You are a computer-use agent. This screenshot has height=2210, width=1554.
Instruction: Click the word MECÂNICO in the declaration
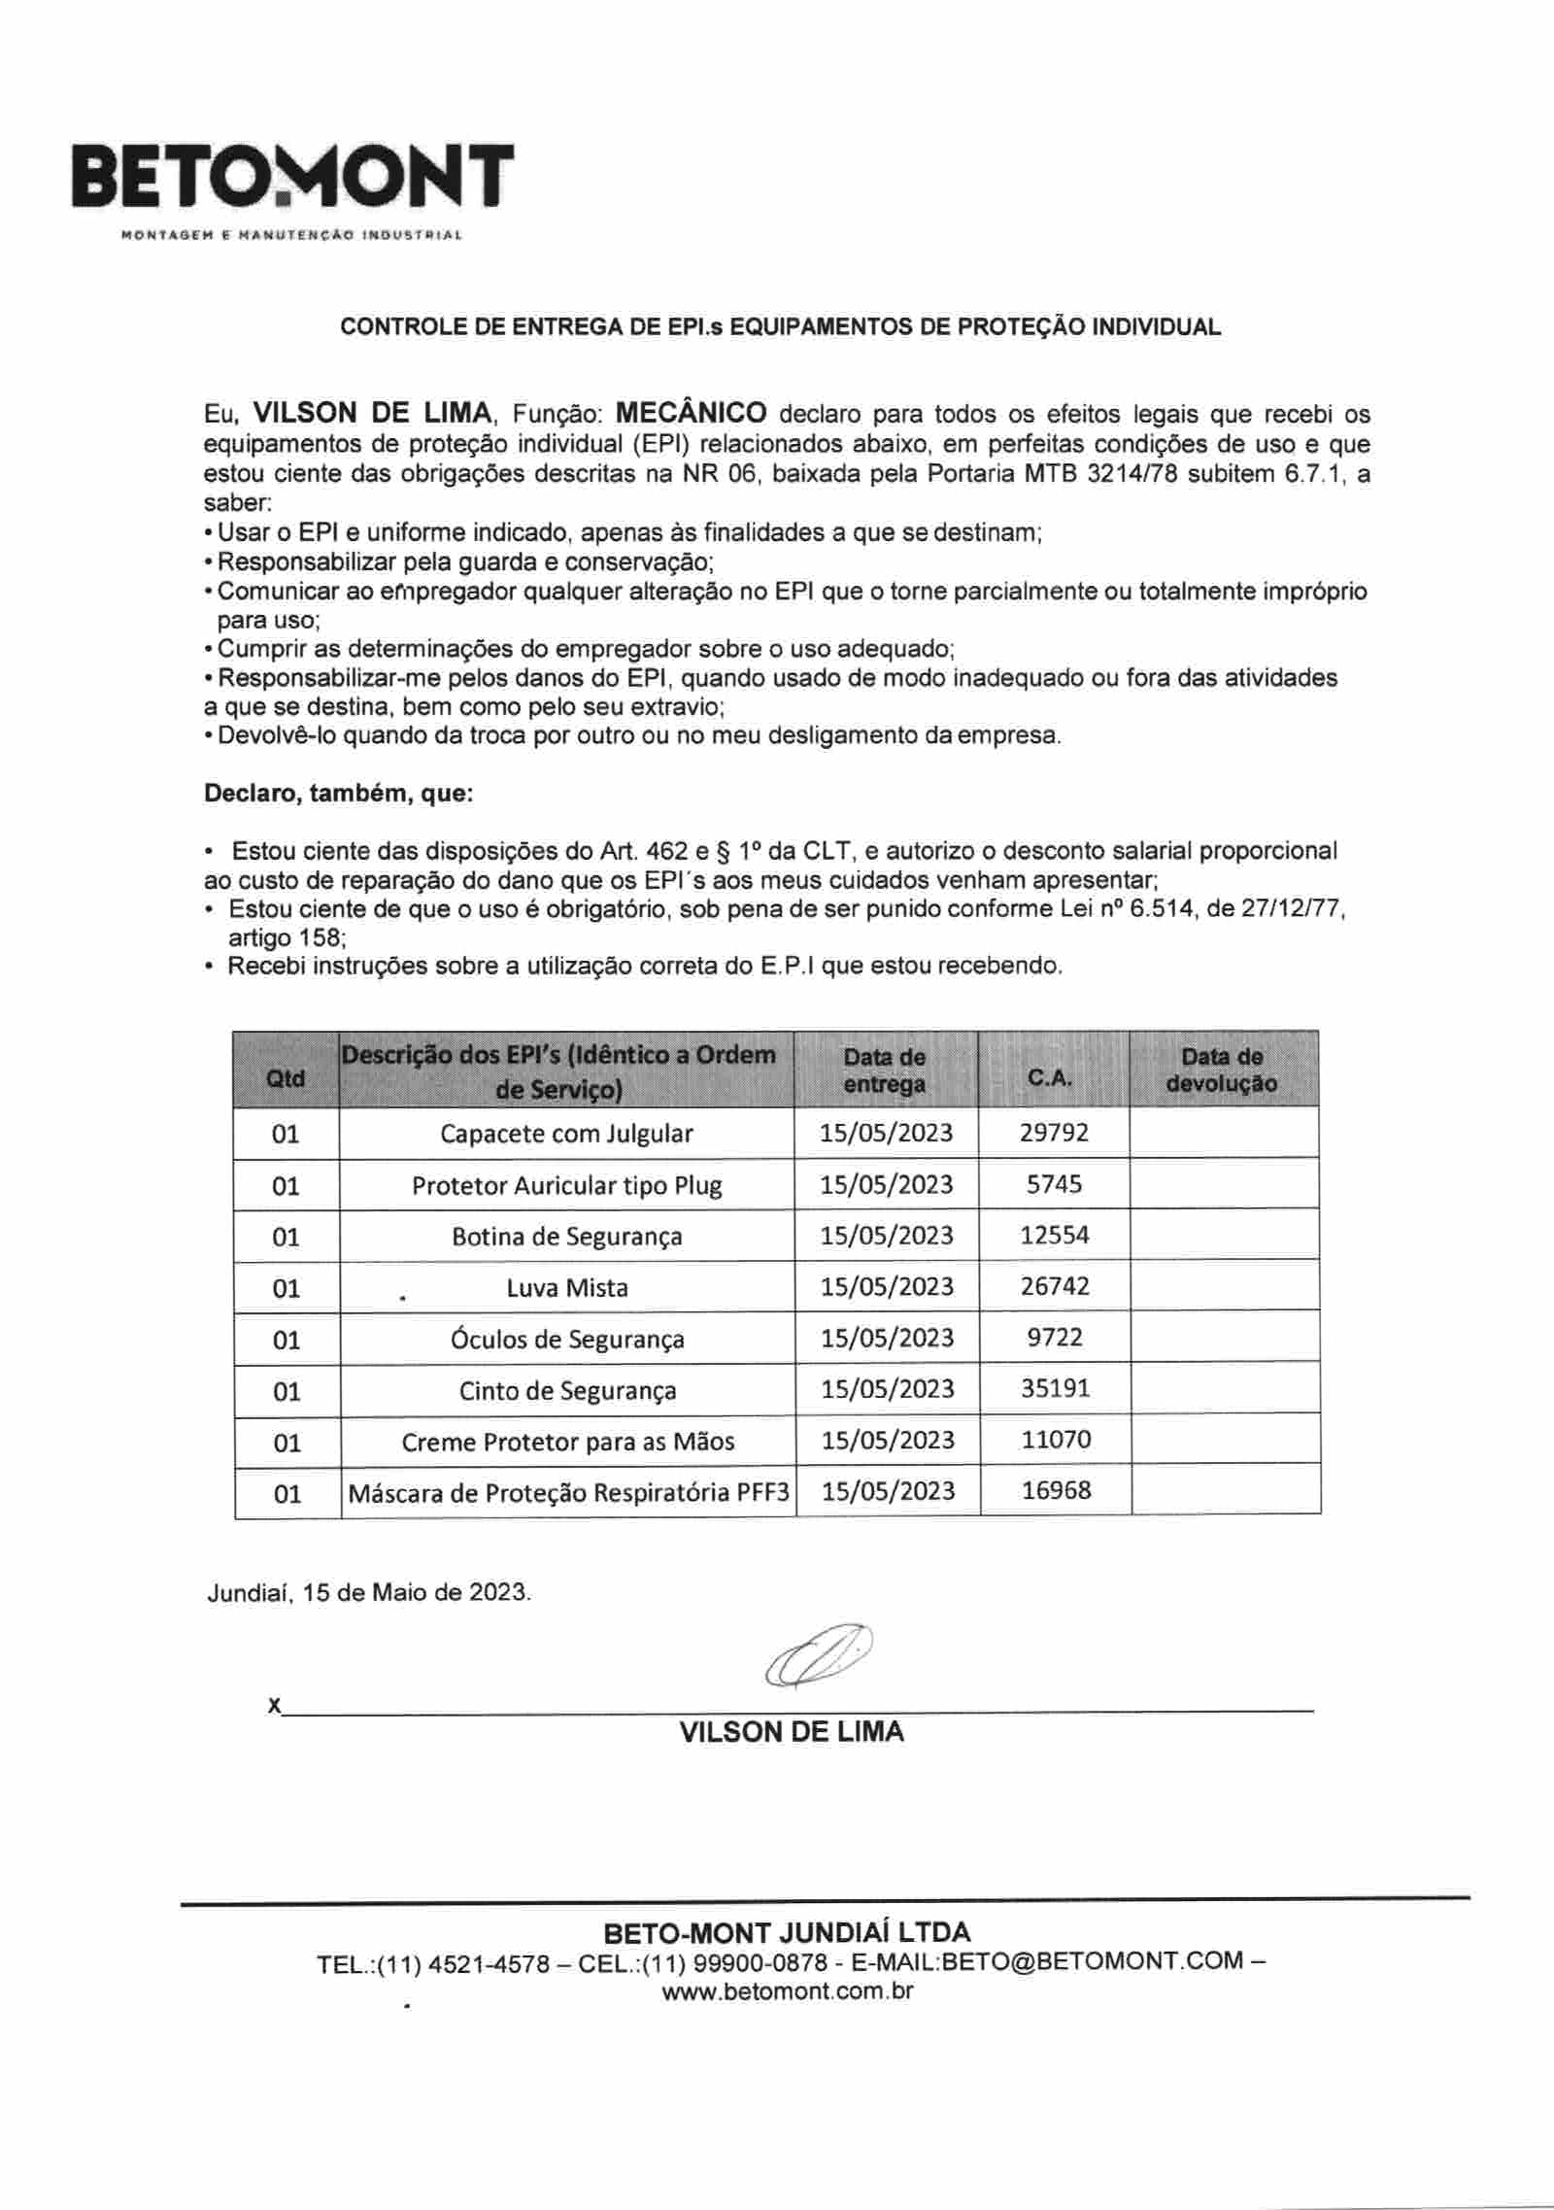(692, 413)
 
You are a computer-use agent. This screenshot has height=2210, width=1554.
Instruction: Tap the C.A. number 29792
(1054, 1133)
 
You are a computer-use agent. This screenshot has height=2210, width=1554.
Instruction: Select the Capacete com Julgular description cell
(566, 1134)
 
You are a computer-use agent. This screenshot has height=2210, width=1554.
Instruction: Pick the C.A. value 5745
(1054, 1184)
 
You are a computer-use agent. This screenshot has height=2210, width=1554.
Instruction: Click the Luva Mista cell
(567, 1288)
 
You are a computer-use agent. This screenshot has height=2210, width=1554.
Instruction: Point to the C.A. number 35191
(1055, 1388)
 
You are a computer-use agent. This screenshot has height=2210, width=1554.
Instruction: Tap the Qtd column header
(286, 1078)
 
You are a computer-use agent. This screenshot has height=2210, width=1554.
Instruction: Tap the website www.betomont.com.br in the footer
(788, 1990)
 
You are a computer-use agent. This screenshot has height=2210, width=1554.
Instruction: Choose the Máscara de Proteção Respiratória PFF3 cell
(568, 1492)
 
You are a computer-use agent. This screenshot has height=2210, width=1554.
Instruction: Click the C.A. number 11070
(1056, 1440)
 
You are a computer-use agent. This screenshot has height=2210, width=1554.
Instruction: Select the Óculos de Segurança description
(567, 1340)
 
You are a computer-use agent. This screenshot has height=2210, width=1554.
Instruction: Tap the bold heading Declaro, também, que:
(338, 793)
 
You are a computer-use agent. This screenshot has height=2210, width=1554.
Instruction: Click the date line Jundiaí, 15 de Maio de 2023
(369, 1593)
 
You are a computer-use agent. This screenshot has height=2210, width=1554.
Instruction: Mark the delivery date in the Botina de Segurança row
(887, 1236)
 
